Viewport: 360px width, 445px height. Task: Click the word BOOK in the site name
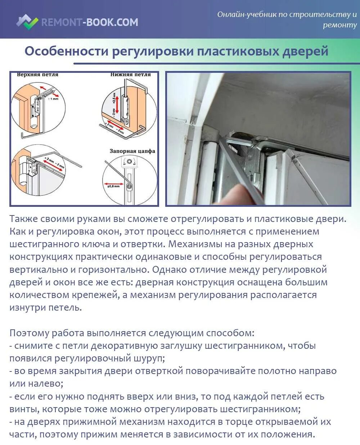click(101, 22)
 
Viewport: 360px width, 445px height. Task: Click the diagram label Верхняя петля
click(37, 75)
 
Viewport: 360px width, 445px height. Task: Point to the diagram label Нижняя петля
click(130, 75)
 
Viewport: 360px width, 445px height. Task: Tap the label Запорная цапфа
click(132, 151)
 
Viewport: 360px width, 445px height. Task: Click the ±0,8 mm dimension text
click(113, 186)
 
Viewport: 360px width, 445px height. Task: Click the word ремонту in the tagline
click(339, 25)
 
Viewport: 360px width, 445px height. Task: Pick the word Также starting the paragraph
click(24, 219)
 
